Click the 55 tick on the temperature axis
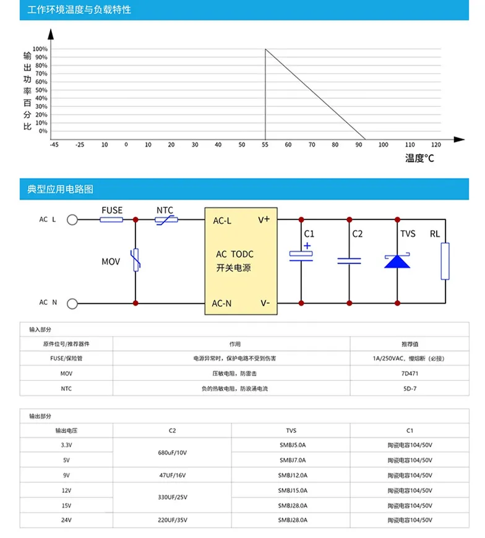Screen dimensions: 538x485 (x=265, y=145)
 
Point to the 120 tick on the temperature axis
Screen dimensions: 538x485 (x=436, y=145)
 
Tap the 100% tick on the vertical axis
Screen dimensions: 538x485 (x=40, y=49)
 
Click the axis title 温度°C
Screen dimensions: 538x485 (x=419, y=158)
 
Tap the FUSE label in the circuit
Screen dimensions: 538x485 (x=111, y=210)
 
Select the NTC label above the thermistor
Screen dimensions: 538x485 (x=165, y=210)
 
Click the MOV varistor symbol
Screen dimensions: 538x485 (x=135, y=260)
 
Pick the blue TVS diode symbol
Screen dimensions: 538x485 (x=397, y=260)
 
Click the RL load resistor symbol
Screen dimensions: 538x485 (x=445, y=261)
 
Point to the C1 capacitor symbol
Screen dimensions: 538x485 (x=301, y=256)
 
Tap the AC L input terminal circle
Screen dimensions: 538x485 (x=72, y=220)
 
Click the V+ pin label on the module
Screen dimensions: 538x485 (x=264, y=220)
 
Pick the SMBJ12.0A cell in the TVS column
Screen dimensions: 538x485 (x=293, y=476)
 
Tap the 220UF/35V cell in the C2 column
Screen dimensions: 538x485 (x=172, y=521)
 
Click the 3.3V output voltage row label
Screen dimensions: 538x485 (x=66, y=445)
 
